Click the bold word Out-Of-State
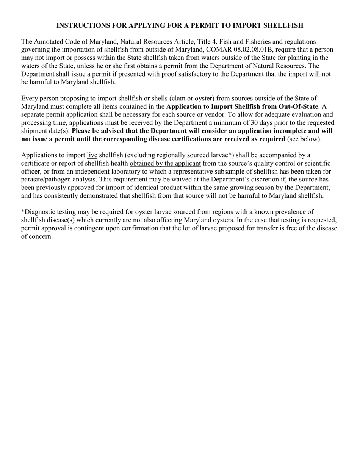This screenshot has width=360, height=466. (x=298, y=106)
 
